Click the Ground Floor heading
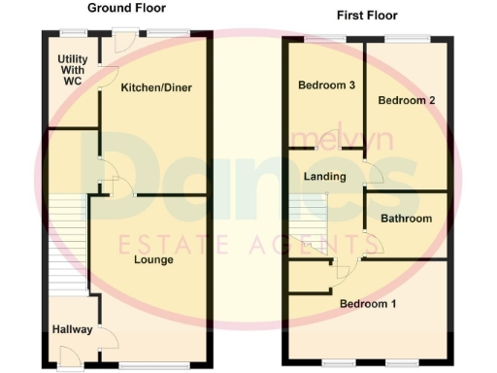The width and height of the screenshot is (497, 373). coord(126,8)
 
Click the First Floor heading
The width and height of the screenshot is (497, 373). coord(367,16)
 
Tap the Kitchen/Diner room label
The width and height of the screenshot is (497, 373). coord(155,88)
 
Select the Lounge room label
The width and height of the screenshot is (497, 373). coord(153,259)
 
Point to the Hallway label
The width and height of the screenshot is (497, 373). coord(73,329)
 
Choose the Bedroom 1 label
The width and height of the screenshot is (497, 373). coord(368,304)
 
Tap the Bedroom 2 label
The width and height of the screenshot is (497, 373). coord(405,100)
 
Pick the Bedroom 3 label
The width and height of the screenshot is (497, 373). coord(325,85)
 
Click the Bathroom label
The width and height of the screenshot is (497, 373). coord(406,219)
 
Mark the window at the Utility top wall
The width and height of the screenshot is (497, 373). coord(72,34)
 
